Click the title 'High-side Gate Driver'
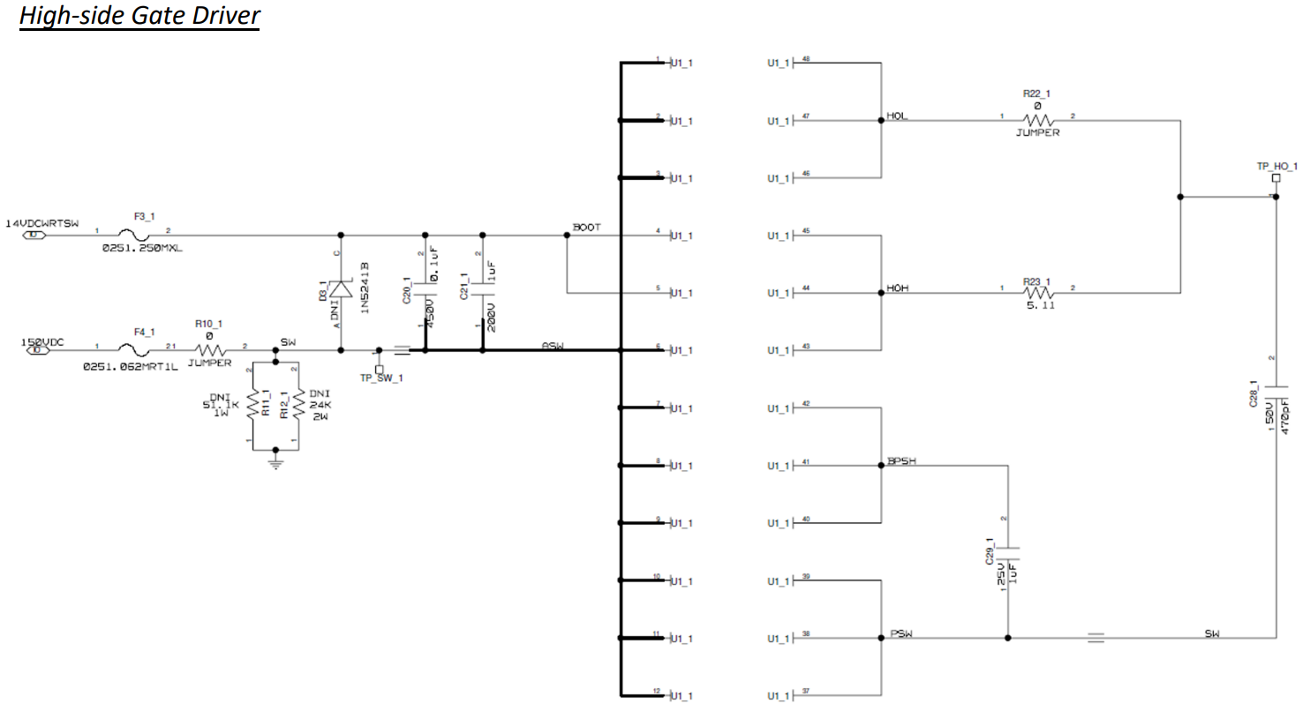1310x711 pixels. (139, 16)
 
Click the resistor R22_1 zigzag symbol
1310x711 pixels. (1038, 120)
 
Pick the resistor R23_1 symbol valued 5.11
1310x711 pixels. (1038, 293)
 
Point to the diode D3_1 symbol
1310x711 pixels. (341, 291)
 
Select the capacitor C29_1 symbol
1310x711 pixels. (1007, 555)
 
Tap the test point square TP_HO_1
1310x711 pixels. (1276, 178)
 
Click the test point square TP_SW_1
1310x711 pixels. (380, 369)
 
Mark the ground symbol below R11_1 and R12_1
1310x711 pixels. (275, 460)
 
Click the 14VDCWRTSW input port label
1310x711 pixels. (42, 224)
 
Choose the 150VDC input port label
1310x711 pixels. (42, 340)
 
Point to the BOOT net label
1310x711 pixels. (587, 228)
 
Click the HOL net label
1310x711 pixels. (898, 116)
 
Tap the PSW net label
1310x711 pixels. (901, 633)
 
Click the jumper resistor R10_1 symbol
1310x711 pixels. (211, 350)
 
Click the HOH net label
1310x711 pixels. (898, 288)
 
